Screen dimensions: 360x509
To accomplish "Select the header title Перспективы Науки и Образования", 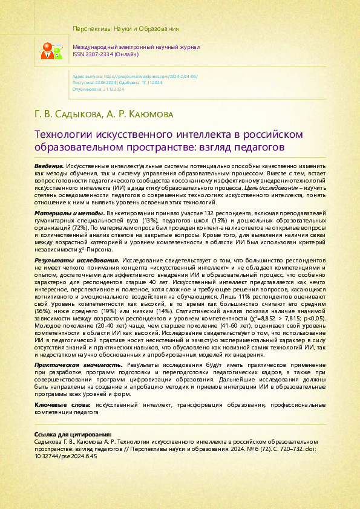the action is tap(125, 29).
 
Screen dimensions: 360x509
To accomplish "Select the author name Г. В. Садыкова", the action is tap(67, 114).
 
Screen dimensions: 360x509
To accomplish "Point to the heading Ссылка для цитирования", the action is tap(73, 434).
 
